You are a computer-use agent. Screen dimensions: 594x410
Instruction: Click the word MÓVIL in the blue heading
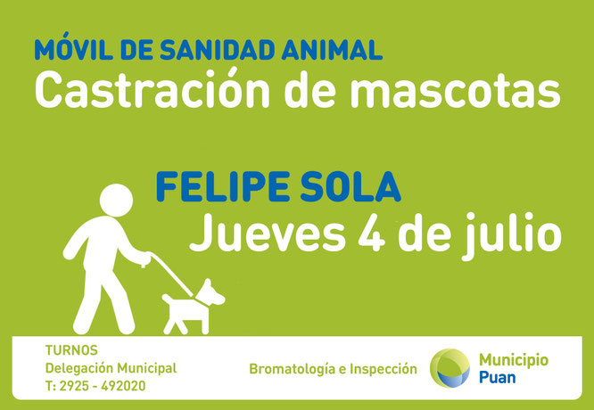point(74,46)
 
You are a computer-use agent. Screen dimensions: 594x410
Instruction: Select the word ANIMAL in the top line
point(332,50)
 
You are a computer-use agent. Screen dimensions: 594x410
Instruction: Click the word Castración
point(152,89)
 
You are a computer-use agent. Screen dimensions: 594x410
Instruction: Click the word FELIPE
point(224,186)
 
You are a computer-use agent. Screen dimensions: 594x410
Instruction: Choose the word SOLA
point(351,186)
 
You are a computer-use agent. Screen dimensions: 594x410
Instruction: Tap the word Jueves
point(268,234)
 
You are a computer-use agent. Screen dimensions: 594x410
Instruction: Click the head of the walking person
point(116,201)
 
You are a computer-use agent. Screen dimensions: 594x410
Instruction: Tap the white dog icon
point(194,307)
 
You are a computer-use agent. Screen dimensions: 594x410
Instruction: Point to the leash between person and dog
point(171,274)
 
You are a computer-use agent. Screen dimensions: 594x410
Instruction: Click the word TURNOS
point(71,350)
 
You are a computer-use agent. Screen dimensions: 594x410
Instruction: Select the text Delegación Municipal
point(111,368)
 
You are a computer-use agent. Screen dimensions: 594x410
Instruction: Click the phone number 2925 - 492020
point(103,386)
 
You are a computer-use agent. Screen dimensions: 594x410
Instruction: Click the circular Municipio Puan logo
point(450,368)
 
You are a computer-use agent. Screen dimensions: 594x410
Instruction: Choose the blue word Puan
point(497,377)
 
